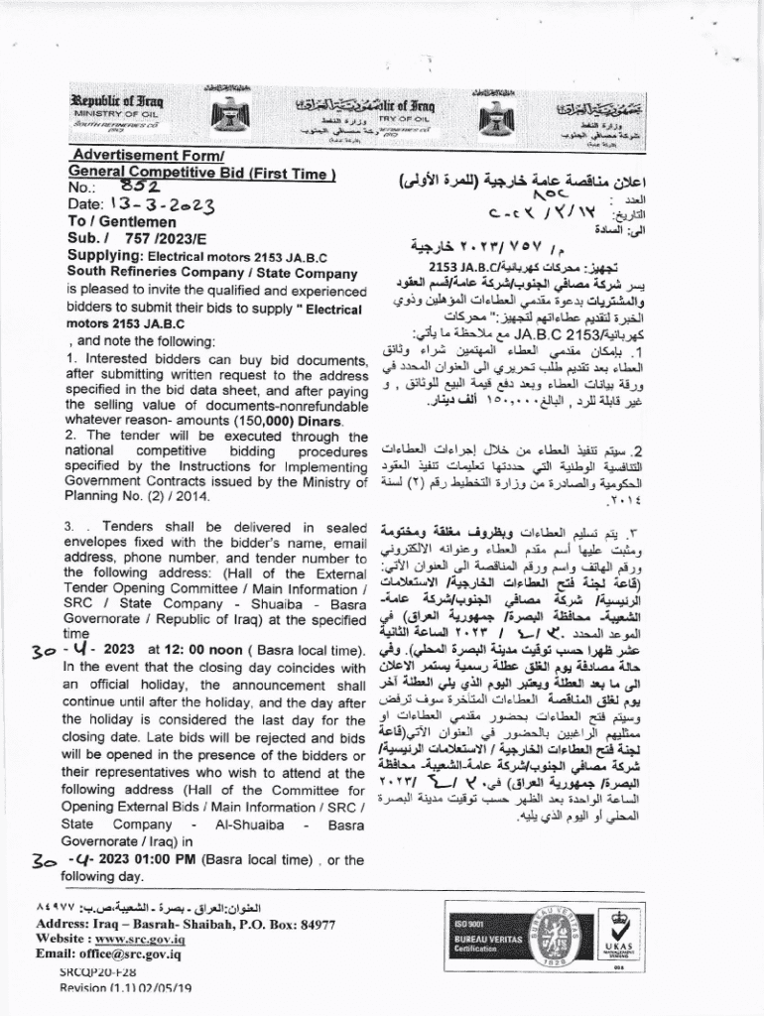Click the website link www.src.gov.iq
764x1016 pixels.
pyautogui.click(x=145, y=939)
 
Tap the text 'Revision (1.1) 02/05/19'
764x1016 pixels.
pyautogui.click(x=125, y=988)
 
